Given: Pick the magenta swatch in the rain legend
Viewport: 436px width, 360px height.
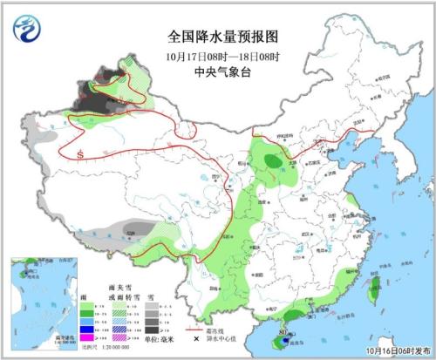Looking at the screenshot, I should [85, 336].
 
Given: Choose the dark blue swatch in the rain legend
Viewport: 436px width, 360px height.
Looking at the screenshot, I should [85, 327].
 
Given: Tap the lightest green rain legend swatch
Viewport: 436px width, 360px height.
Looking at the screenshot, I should [85, 308].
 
